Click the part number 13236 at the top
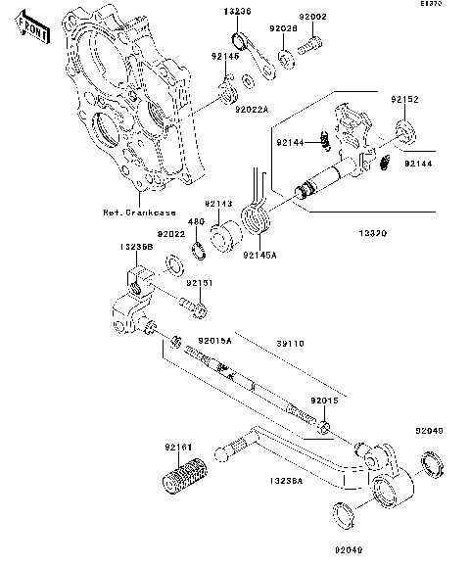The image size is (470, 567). [x=237, y=10]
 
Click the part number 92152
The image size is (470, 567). [x=405, y=100]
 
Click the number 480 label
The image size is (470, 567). [x=195, y=220]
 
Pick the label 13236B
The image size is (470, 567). [x=136, y=248]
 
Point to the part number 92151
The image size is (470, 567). [x=199, y=283]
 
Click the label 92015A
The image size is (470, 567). [x=214, y=340]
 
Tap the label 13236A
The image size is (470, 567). [x=285, y=481]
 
